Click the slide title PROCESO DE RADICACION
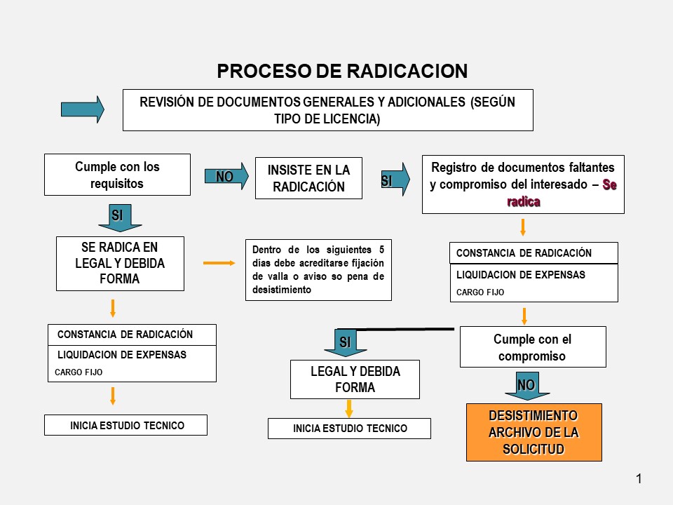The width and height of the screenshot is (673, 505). point(341,72)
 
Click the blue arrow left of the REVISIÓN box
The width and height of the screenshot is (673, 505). point(82,109)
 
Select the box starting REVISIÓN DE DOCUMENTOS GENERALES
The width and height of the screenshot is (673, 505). point(327,110)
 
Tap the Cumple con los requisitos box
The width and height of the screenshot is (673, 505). point(117,175)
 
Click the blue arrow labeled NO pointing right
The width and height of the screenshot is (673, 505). point(226,177)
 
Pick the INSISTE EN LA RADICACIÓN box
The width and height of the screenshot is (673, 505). point(308,178)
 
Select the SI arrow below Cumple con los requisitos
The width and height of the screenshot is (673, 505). point(119,217)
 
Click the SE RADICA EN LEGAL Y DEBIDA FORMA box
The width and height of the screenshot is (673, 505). point(120,263)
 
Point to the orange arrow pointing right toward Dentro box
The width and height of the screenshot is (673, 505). point(219,263)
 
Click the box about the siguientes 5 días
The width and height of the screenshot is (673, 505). point(318,270)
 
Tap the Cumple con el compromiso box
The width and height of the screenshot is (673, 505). point(533,347)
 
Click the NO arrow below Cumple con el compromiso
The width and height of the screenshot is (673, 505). point(527,386)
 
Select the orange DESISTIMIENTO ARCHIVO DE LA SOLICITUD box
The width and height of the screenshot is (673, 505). point(533,432)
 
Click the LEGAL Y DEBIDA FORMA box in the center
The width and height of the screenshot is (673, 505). point(355,379)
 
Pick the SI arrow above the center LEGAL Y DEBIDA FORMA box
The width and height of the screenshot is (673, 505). point(345,342)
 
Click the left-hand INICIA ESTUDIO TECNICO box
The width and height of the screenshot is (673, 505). point(126,425)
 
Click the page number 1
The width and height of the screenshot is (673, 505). point(639,480)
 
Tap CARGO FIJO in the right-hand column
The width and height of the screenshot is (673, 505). point(480,292)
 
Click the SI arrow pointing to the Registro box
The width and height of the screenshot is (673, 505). point(395,180)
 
